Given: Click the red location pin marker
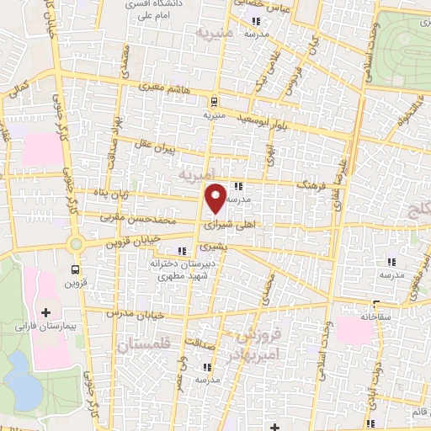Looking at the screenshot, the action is tap(216, 198).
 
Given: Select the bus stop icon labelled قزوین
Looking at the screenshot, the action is tap(77, 270).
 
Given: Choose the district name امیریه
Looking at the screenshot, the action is tap(199, 174).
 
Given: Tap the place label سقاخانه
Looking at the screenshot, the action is tap(377, 317).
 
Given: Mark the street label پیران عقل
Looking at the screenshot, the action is tap(157, 145).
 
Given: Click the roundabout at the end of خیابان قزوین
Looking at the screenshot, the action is tap(77, 245).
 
